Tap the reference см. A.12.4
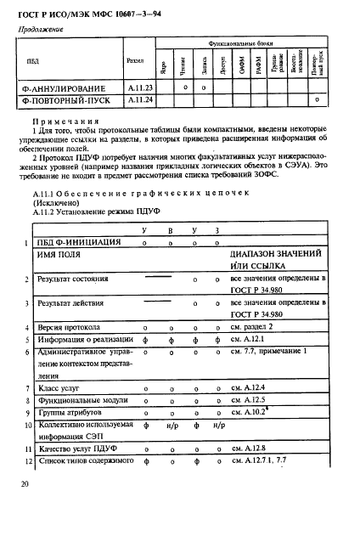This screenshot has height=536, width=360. coord(252,387)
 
